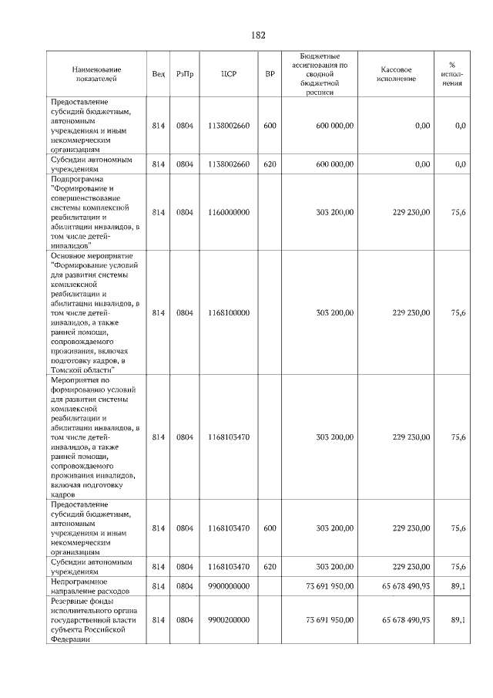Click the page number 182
258,35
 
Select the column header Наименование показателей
96,74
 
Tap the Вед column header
158,74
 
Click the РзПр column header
185,74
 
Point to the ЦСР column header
229,74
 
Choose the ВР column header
270,74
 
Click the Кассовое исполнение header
397,74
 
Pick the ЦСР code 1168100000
229,312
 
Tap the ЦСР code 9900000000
229,587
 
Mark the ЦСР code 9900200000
229,619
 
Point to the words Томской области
82,369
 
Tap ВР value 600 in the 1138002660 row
270,125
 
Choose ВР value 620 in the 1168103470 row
270,567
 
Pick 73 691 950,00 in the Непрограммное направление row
330,587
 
